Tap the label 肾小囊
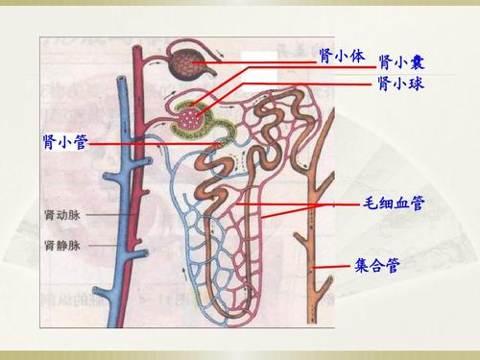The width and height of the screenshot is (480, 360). (x=401, y=62)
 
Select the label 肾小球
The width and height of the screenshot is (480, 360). (x=401, y=84)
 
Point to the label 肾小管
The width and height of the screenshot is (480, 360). (x=64, y=142)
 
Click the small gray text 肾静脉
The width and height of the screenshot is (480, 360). (x=62, y=246)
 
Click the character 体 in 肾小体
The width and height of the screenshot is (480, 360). (x=358, y=55)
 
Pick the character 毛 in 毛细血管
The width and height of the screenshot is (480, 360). (x=370, y=204)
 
